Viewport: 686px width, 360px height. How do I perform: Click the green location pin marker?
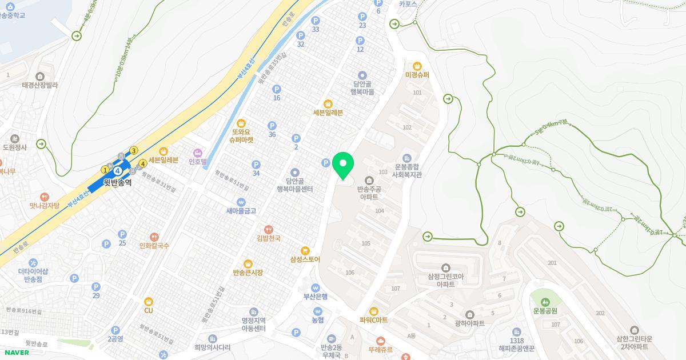coord(343,166)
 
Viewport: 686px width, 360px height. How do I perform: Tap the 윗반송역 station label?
coord(117,183)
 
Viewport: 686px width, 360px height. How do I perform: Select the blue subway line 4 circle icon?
coord(117,171)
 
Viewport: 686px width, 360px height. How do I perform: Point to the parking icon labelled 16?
coord(277,89)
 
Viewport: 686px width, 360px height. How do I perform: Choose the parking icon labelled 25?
coord(122,234)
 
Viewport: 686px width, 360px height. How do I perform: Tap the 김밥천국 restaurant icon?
coord(268,229)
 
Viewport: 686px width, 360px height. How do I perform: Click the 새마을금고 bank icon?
coord(241,202)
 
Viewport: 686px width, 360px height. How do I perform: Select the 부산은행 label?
coord(315,296)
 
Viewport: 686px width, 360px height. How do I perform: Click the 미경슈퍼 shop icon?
coord(417,66)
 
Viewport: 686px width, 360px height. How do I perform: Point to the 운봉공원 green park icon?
coord(545,301)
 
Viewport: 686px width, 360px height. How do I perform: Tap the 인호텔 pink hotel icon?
coord(198,153)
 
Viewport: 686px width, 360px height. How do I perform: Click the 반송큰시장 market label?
coord(248,273)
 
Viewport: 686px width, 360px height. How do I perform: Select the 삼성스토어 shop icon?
coord(305,250)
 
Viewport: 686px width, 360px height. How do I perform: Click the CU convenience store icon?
coord(149,301)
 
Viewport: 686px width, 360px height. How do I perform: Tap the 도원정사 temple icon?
coord(15,138)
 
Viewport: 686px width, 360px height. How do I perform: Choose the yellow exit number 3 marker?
coord(134,151)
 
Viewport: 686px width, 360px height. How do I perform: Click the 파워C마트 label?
coord(373,320)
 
